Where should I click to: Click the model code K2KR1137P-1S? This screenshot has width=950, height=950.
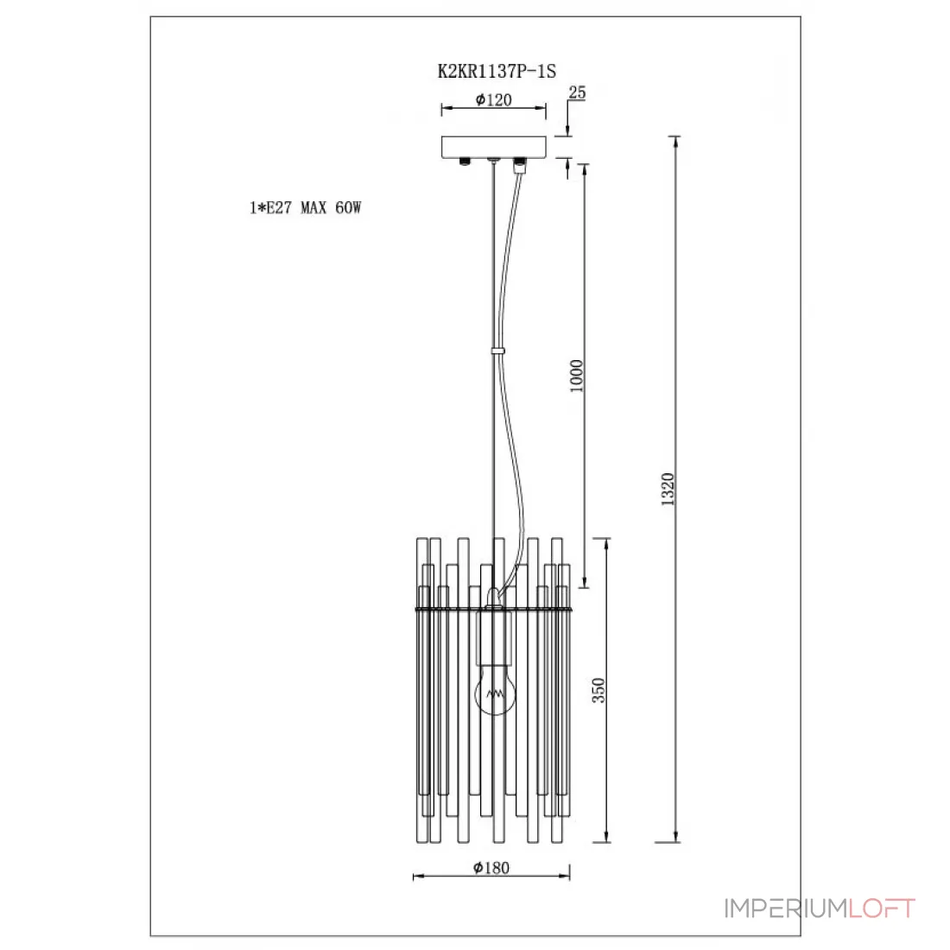tap(497, 71)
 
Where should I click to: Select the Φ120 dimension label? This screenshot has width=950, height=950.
tap(493, 99)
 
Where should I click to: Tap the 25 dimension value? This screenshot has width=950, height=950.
tap(577, 92)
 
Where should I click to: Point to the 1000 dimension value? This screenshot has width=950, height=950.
tap(576, 376)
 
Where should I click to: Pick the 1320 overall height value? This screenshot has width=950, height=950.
tap(667, 489)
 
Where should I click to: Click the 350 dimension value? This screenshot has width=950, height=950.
tap(598, 690)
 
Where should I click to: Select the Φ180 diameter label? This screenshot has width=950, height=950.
tap(491, 868)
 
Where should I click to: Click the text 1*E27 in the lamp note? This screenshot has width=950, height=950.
tap(270, 208)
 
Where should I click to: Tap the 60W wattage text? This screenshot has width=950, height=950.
tap(348, 208)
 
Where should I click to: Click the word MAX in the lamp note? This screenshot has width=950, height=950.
tap(313, 208)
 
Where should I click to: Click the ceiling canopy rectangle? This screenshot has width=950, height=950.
tap(493, 147)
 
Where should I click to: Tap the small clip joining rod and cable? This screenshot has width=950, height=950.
tap(497, 351)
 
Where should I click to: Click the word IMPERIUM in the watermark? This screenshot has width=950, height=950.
tap(785, 909)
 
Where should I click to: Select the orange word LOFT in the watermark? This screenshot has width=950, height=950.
tap(882, 909)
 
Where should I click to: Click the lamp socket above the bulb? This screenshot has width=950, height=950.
tap(494, 636)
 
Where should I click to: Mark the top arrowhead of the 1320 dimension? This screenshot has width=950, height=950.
tap(676, 141)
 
